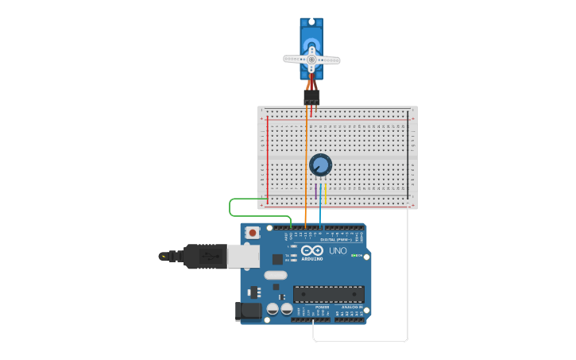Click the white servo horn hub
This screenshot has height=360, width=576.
311,58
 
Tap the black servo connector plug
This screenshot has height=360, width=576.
311,96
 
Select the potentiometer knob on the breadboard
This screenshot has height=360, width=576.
320,165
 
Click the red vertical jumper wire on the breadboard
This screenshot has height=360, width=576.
268,159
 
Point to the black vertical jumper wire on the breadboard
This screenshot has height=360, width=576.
408,155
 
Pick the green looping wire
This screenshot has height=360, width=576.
230,207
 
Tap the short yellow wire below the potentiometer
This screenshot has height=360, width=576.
326,193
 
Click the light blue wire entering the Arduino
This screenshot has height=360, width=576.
320,213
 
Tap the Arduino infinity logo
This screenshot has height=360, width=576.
312,250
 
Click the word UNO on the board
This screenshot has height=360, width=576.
338,251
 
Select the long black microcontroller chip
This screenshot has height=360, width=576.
329,294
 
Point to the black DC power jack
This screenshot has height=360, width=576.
249,312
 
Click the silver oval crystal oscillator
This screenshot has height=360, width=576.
276,275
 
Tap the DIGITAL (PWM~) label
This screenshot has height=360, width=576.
334,239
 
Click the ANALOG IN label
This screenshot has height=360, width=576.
350,307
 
